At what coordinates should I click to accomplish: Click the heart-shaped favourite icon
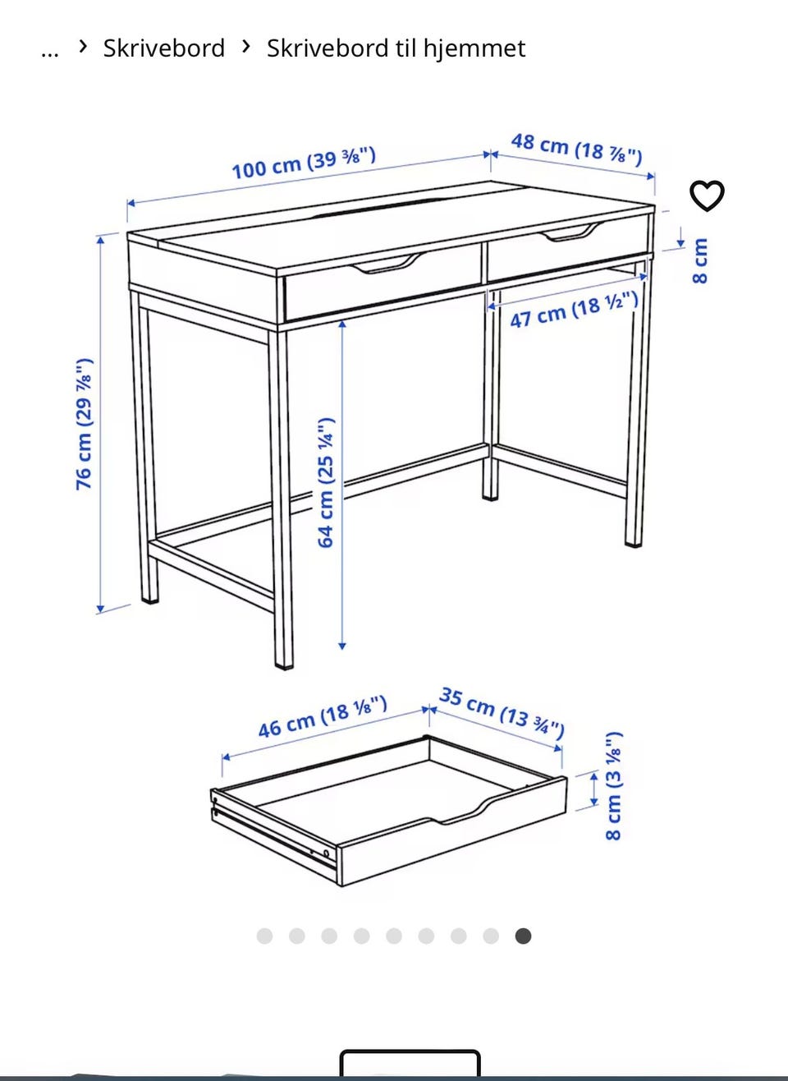pos(707,195)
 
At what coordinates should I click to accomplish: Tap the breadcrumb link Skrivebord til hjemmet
pos(396,48)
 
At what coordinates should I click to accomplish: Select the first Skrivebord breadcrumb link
pos(164,48)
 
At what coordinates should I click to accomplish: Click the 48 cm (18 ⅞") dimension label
pos(576,149)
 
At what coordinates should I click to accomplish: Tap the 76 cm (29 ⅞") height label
pos(85,424)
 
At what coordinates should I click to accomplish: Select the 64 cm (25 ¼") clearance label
pos(326,483)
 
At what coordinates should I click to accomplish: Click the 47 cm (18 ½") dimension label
pos(574,310)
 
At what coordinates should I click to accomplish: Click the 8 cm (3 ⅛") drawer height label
pos(613,786)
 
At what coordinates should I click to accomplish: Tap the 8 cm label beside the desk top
pos(699,260)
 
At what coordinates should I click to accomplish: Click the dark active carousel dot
pos(523,936)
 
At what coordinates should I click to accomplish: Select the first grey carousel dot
pos(265,936)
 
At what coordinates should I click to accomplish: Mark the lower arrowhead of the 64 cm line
pos(342,646)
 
